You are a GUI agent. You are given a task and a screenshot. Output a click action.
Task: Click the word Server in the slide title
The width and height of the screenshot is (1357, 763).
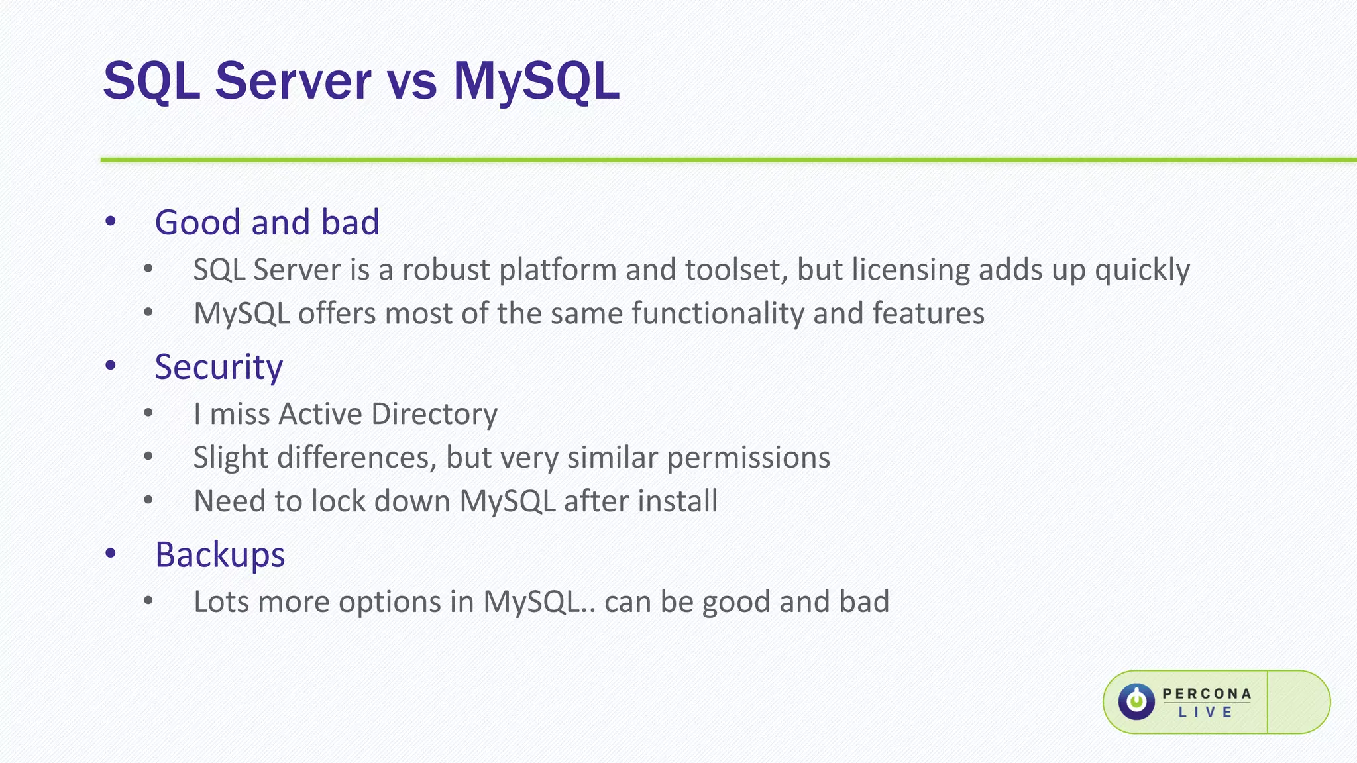coord(293,81)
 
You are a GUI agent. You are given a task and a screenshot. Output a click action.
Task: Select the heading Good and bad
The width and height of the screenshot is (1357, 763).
coord(266,222)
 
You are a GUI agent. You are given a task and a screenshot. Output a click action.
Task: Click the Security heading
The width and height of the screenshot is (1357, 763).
coord(219,367)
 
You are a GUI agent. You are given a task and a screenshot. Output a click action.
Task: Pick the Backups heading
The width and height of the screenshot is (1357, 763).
coord(219,555)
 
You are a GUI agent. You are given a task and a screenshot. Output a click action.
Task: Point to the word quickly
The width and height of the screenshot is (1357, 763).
coord(1142,270)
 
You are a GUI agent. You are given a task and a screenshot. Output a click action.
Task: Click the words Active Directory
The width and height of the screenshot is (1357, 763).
coord(388,414)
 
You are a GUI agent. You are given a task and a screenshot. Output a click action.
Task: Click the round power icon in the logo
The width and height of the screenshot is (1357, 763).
coord(1136,701)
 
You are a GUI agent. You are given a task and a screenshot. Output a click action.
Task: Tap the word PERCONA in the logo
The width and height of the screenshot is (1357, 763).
coord(1207,693)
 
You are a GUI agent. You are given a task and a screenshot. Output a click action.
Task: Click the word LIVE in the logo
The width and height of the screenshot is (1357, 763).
coord(1205,713)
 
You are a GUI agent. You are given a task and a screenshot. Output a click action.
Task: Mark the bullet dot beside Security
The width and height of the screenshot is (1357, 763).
coord(111,366)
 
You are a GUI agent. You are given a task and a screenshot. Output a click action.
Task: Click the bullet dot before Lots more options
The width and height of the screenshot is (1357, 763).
coord(148,601)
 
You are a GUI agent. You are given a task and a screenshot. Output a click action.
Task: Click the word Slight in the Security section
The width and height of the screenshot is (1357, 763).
coord(231,458)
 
